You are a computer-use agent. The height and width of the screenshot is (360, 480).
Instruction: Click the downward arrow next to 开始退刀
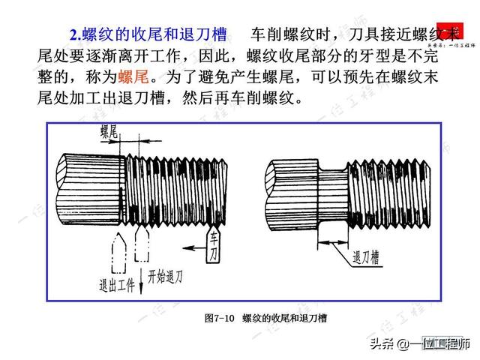coord(137,266)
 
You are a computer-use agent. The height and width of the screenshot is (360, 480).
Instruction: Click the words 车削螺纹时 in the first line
coord(286,34)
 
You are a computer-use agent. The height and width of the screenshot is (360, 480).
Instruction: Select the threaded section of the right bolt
coord(390,187)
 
